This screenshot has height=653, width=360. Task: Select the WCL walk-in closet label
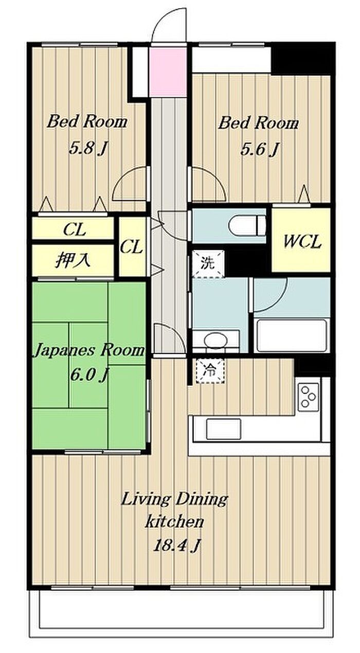pyautogui.click(x=302, y=241)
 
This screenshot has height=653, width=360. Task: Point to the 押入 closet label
pyautogui.click(x=73, y=260)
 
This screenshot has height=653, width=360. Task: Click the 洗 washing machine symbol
pyautogui.click(x=208, y=263)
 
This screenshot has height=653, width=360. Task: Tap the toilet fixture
pyautogui.click(x=247, y=226)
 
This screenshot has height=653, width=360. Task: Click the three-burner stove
pyautogui.click(x=309, y=396)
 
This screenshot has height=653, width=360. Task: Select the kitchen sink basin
pyautogui.click(x=223, y=429)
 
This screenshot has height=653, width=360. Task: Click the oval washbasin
pyautogui.click(x=215, y=340)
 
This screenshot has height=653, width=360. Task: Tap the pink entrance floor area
pyautogui.click(x=168, y=72)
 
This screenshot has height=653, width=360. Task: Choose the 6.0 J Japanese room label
pyautogui.click(x=89, y=375)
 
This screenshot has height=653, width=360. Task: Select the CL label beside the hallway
pyautogui.click(x=132, y=247)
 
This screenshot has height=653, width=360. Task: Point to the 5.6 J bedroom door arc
pyautogui.click(x=214, y=178)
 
